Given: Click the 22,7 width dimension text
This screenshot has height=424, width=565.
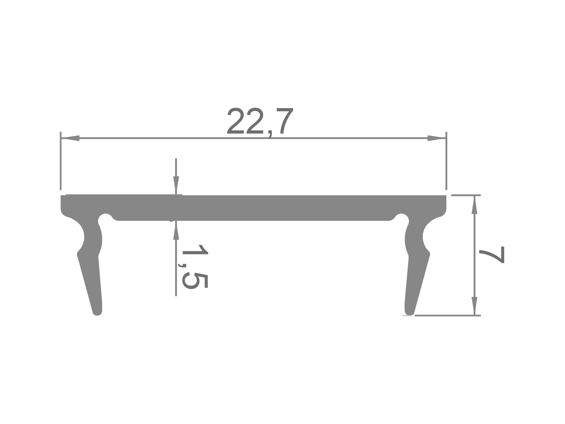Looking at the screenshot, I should point(260,122).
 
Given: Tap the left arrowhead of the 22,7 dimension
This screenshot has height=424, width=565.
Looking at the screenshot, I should point(70,138).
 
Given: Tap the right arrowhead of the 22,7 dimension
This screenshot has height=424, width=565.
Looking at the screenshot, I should point(436,138).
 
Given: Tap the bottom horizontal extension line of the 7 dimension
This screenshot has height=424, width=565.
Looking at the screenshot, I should point(447,315).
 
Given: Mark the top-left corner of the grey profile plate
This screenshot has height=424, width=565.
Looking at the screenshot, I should point(62,196).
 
